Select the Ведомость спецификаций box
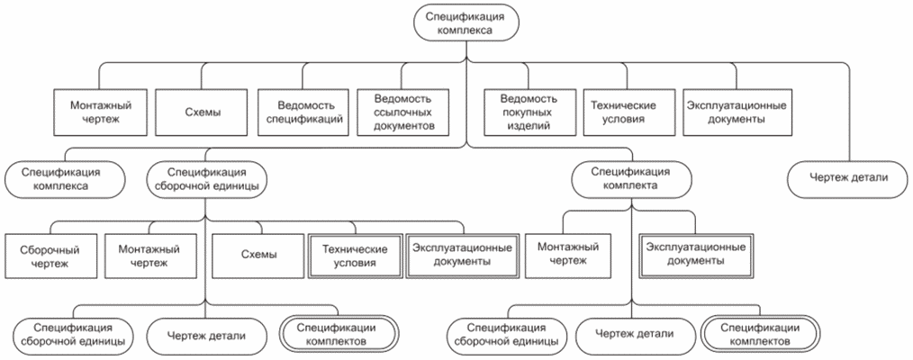302,112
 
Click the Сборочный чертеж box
50,255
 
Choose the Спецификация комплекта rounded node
629,178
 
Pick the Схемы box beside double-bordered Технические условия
258,255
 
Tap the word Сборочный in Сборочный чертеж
50,247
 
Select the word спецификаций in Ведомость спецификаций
302,120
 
